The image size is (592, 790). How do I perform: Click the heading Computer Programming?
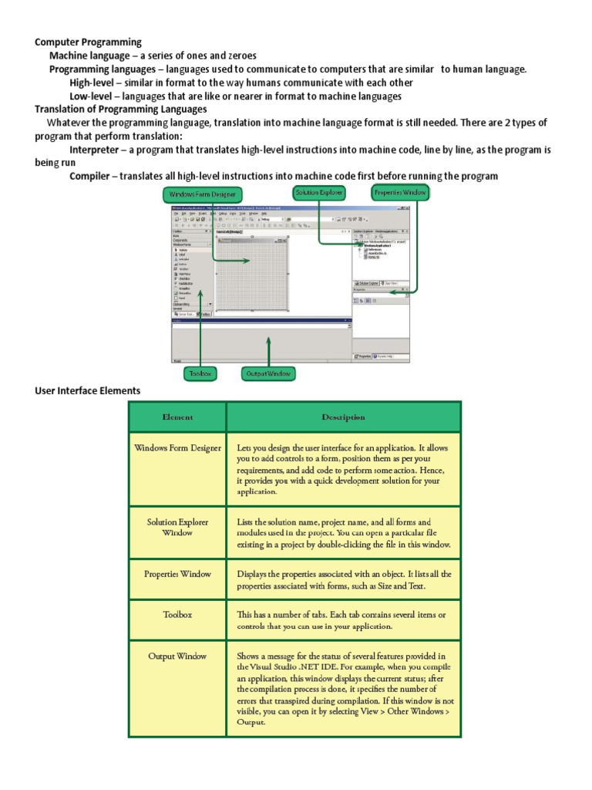tap(89, 42)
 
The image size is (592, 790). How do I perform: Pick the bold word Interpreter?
tap(94, 149)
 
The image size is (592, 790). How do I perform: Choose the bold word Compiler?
tap(89, 176)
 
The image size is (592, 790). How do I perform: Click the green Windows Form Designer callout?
tap(203, 195)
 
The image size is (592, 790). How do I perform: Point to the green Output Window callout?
tap(268, 373)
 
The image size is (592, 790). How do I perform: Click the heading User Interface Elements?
tap(88, 390)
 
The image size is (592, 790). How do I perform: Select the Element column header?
tap(177, 417)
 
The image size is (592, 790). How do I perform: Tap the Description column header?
tap(343, 417)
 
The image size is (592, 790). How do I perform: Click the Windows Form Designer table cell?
tap(177, 447)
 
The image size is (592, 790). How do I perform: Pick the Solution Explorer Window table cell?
tap(177, 527)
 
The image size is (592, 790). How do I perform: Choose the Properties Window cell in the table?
tap(177, 574)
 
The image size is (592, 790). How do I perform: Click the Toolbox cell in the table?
tap(177, 615)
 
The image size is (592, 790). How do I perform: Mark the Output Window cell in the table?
tap(177, 657)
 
